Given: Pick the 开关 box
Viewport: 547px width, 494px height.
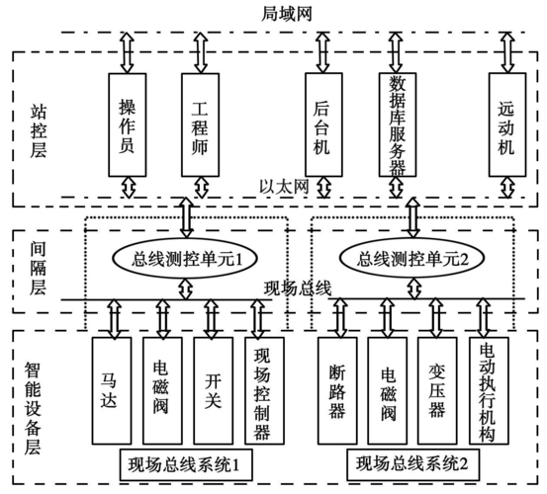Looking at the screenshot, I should (212, 390).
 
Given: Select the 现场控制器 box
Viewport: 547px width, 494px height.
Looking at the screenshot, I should (261, 390).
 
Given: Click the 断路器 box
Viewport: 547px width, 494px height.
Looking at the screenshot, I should (336, 390).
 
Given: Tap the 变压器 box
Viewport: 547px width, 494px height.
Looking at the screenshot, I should (437, 390).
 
